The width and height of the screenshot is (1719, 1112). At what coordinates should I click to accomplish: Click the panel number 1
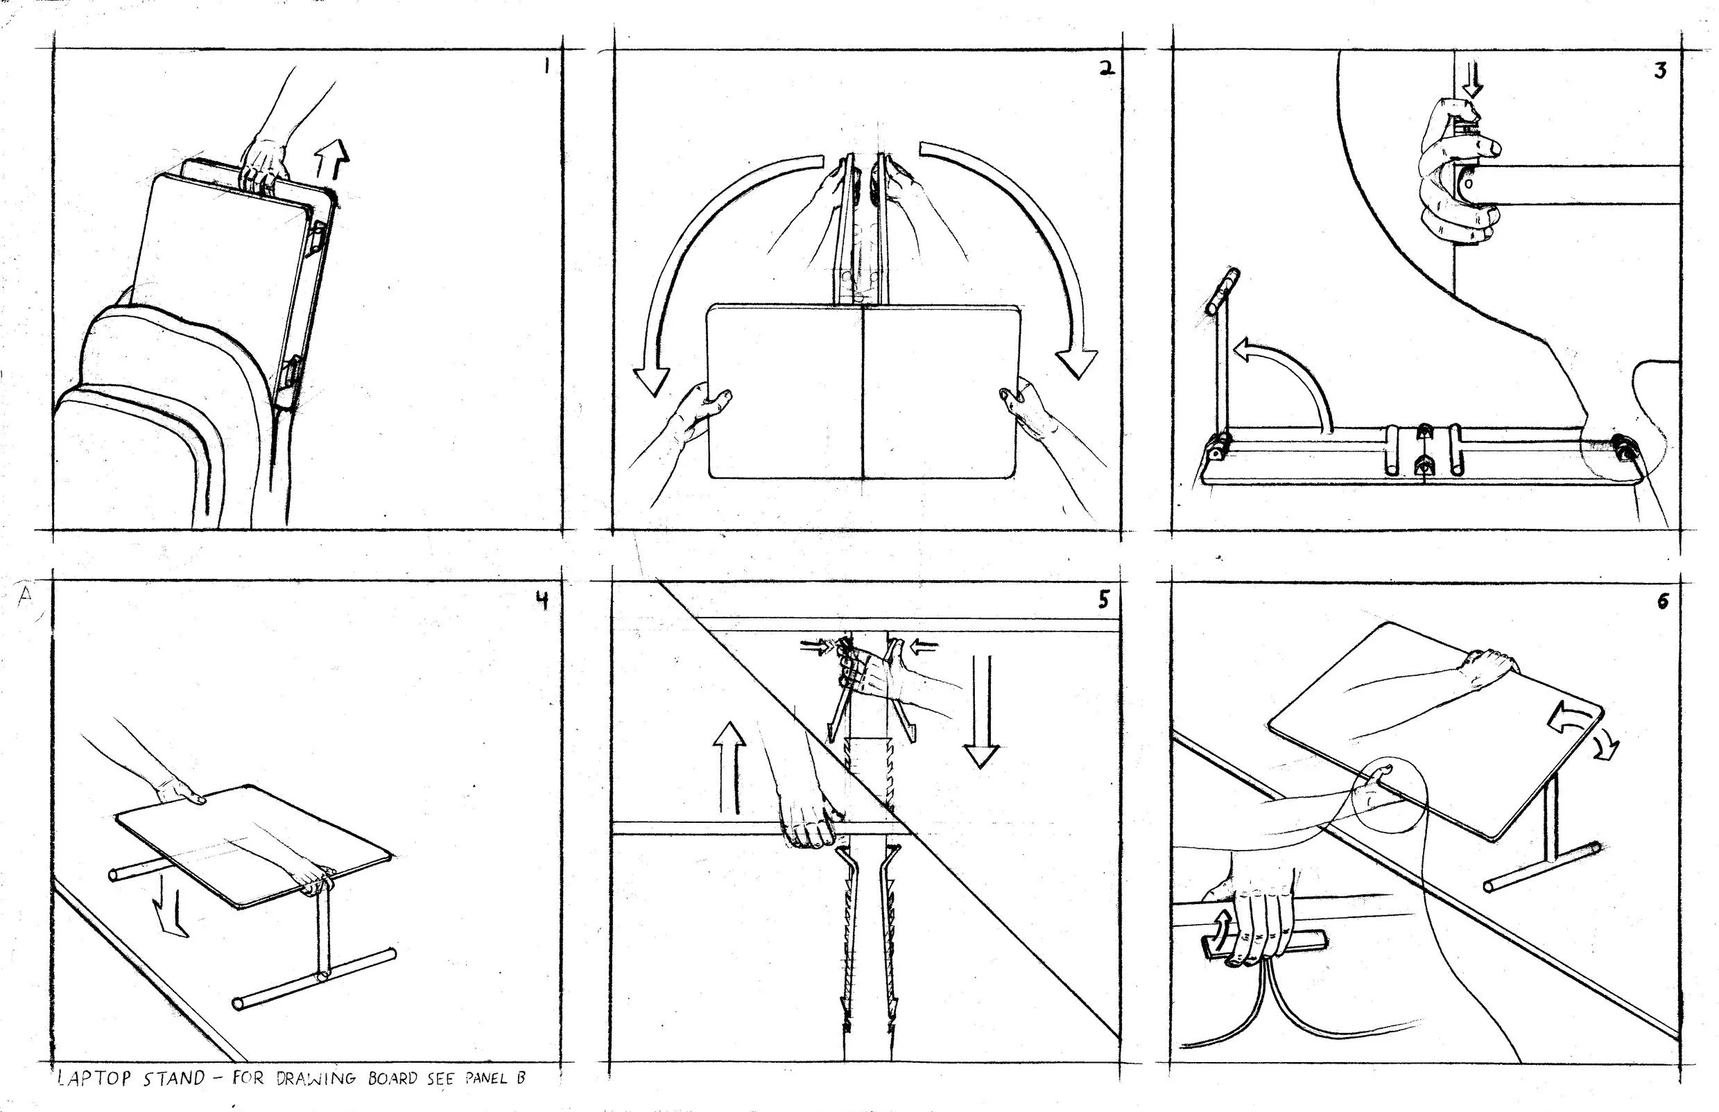[546, 67]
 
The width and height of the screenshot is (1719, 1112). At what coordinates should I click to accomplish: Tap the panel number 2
[1105, 69]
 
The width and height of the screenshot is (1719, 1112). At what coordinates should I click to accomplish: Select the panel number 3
[1661, 71]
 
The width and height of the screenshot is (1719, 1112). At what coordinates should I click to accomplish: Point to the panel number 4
[541, 600]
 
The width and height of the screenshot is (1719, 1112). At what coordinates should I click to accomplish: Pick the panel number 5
[1103, 601]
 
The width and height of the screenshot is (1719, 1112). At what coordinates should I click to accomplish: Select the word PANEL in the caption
[483, 1079]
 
